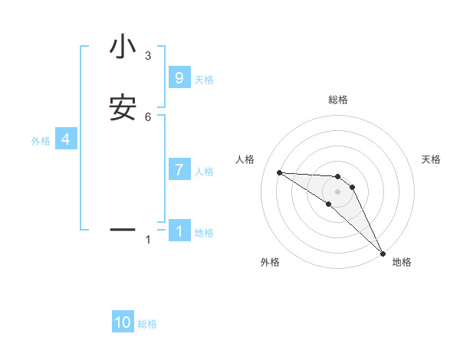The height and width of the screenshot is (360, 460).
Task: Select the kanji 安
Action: [123, 108]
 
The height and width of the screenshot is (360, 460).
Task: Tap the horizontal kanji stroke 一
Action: [123, 229]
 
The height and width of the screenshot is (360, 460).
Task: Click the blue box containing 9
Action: [179, 78]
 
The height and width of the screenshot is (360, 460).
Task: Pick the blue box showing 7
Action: [179, 170]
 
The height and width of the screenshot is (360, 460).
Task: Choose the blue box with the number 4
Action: [66, 139]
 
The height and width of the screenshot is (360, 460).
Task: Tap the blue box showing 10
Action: [123, 322]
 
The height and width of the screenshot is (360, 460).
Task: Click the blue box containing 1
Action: [179, 231]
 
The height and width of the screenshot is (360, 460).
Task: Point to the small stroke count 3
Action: [148, 55]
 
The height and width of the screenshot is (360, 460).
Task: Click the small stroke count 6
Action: [148, 116]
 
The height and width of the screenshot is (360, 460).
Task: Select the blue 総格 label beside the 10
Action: [148, 324]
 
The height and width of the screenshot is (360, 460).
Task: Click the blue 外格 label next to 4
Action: [41, 141]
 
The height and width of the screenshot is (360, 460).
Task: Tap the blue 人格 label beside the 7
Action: [205, 172]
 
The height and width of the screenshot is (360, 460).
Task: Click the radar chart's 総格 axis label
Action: [337, 100]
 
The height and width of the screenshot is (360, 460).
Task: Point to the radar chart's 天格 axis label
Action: [432, 159]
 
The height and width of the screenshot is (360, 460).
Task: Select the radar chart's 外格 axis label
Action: [270, 262]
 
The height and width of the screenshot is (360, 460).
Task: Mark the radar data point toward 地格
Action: [383, 254]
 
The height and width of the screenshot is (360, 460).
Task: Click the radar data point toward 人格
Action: [279, 172]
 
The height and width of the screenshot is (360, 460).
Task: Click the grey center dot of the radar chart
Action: [337, 191]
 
